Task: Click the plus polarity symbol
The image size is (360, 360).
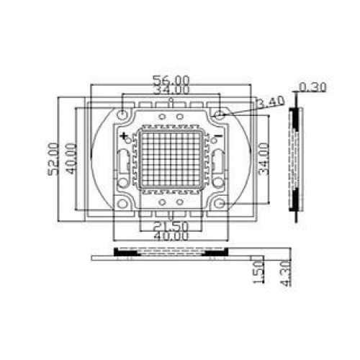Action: point(125,135)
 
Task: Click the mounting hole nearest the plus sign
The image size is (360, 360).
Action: point(125,114)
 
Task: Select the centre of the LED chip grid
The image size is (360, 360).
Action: point(171,159)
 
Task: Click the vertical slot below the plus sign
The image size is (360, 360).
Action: point(125,166)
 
